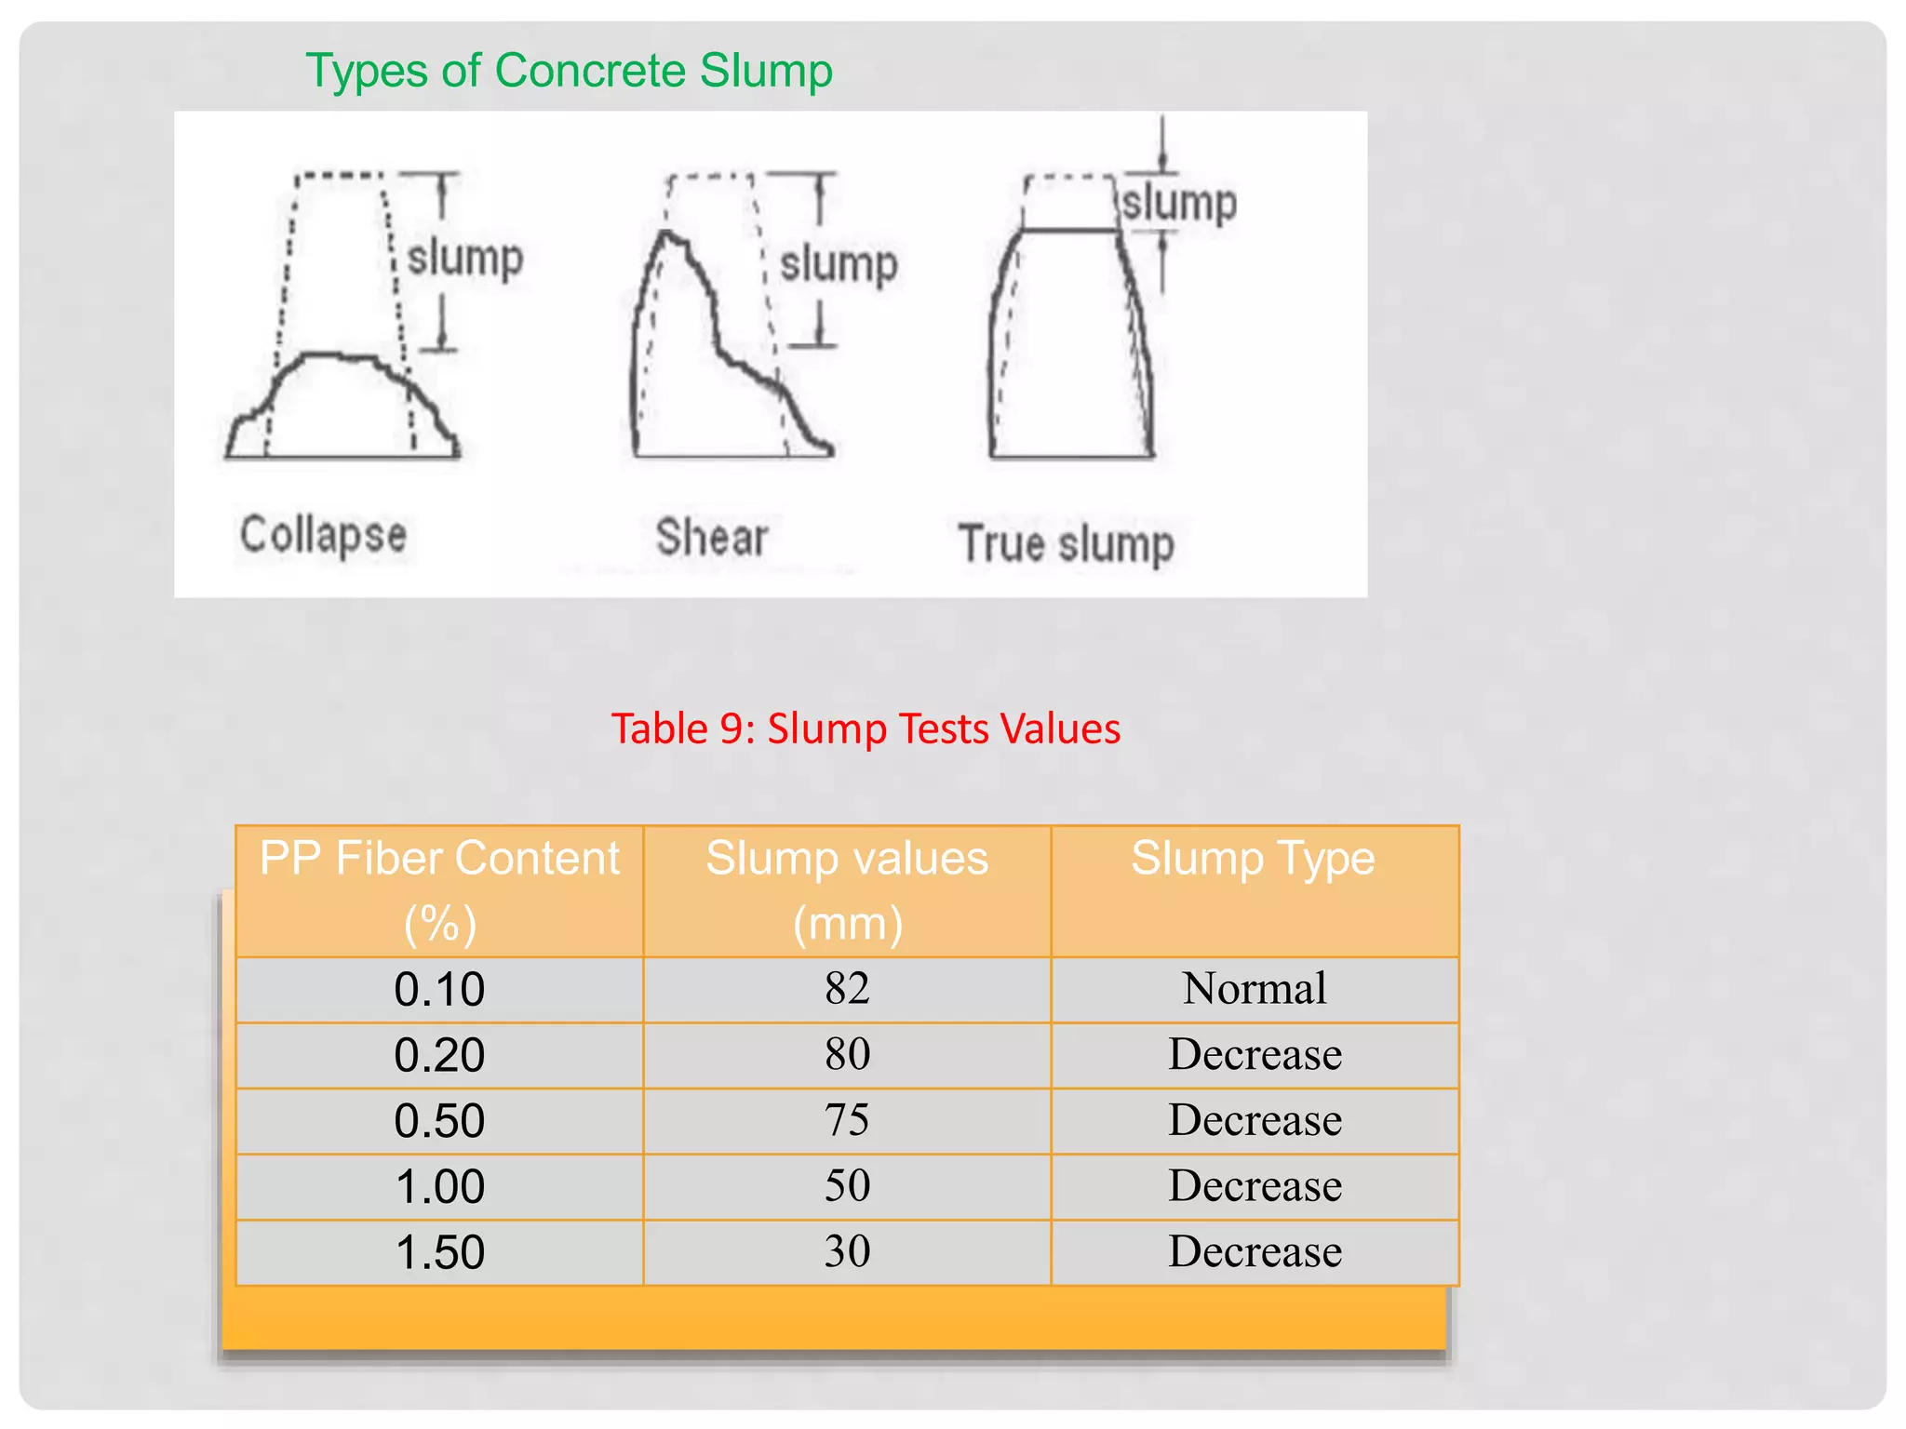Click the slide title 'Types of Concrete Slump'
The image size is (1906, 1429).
(x=569, y=72)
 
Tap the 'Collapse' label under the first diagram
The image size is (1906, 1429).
(x=323, y=535)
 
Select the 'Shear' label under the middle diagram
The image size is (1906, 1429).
(x=712, y=538)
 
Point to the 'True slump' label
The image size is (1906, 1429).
(x=1066, y=543)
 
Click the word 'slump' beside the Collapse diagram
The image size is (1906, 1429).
(x=465, y=258)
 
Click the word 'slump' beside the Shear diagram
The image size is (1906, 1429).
(x=839, y=264)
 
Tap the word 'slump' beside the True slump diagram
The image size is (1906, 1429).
(x=1179, y=203)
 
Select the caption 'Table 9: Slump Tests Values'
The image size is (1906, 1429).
(x=866, y=728)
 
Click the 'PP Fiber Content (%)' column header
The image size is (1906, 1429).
(x=439, y=890)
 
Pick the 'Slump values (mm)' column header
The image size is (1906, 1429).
(x=847, y=890)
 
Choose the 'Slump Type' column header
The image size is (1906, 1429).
(x=1254, y=859)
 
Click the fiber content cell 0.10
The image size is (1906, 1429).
(x=439, y=989)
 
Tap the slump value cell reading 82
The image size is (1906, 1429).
(x=847, y=988)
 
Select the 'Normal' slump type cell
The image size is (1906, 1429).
(x=1255, y=988)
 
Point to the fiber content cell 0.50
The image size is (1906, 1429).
(x=439, y=1121)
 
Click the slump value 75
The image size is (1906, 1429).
(x=847, y=1120)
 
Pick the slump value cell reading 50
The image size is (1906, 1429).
(x=847, y=1186)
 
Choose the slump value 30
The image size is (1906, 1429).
(x=847, y=1252)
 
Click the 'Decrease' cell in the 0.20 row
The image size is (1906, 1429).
(x=1255, y=1054)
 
